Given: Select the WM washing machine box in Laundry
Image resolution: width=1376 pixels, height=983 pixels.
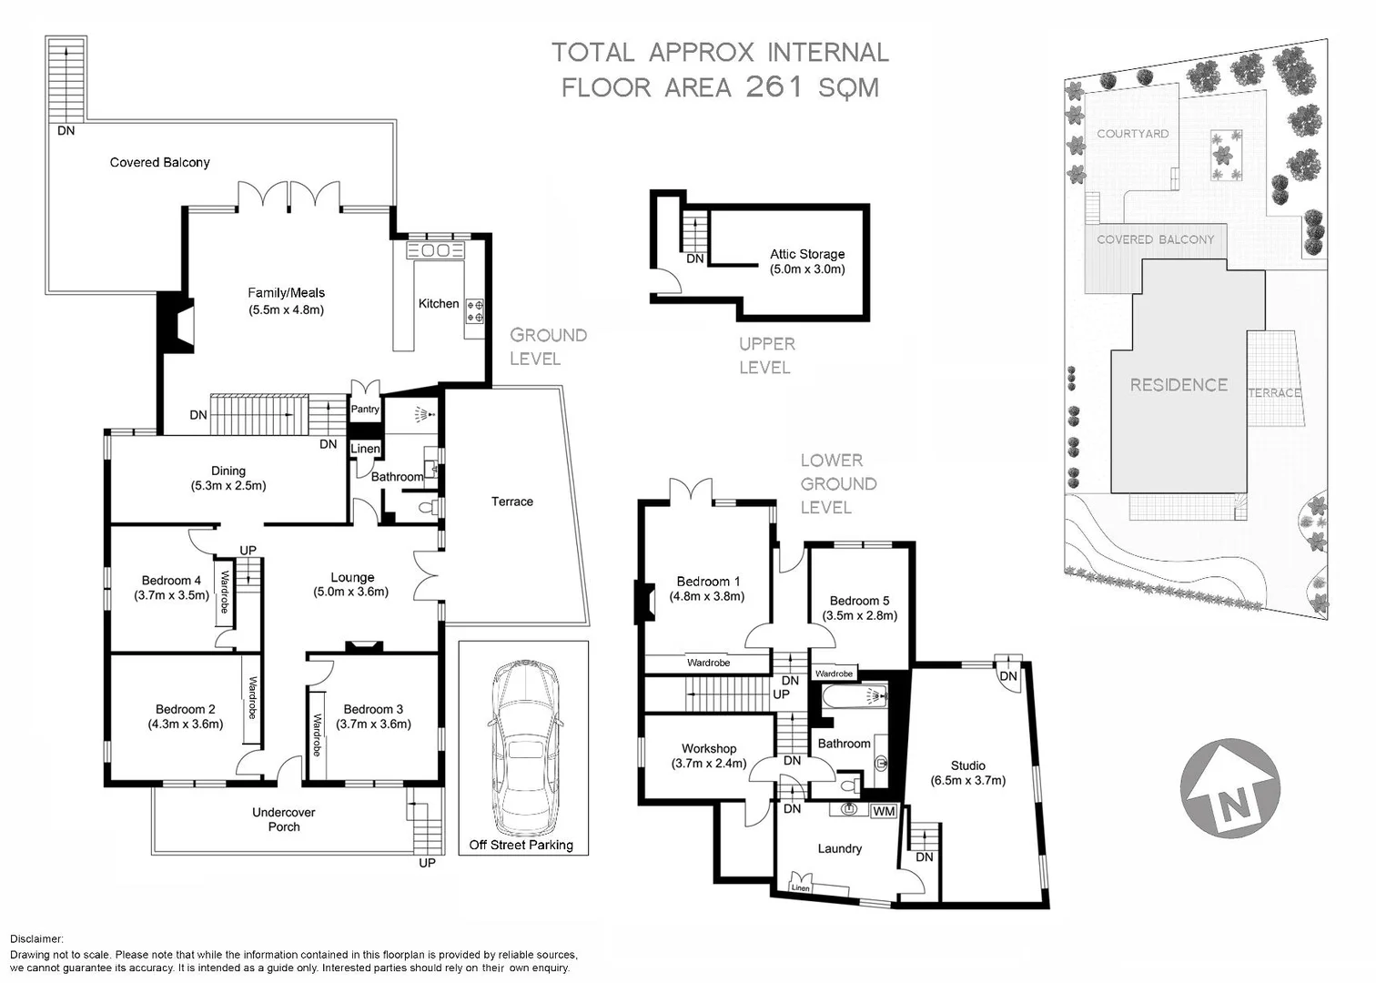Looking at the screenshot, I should coord(884,811).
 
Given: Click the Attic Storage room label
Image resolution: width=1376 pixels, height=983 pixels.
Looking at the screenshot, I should coord(807,254).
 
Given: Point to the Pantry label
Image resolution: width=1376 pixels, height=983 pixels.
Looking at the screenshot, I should coord(365,410).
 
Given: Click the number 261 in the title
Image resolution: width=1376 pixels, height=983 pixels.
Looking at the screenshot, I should coord(774,87).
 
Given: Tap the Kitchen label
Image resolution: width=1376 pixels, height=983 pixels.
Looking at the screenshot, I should coord(439,304).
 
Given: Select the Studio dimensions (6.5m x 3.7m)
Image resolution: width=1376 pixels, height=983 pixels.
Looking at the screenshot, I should coord(967,780).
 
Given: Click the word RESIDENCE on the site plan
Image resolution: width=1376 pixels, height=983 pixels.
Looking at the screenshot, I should coord(1179,385).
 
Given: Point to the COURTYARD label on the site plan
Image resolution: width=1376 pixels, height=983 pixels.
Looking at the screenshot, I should coord(1132,134).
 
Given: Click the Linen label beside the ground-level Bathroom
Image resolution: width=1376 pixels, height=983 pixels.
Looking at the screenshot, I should coord(365,449).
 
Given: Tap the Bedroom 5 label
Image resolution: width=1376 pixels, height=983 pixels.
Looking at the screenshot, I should coord(859,601).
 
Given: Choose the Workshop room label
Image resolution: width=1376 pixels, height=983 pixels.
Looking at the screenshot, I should coord(709,749).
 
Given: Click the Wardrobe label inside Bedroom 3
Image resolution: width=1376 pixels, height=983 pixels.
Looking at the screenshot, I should coord(317,735).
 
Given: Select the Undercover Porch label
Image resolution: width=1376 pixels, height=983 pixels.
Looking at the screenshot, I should coord(283,819).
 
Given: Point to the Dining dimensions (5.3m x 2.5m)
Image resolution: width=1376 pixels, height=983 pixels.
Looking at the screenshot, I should coord(228,486).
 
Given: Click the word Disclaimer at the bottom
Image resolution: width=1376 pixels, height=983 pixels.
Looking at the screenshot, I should coord(37,938).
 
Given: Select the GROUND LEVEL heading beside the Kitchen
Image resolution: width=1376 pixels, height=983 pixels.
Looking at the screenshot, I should coord(547,347).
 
